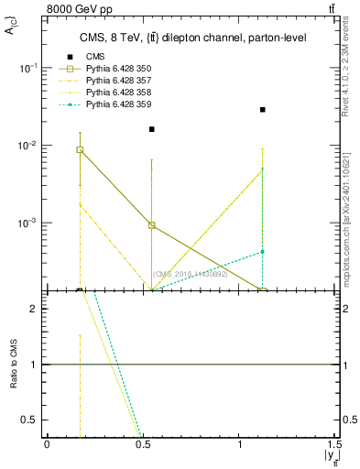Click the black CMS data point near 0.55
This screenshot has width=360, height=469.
[152, 129]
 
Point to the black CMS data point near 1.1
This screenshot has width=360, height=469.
[263, 110]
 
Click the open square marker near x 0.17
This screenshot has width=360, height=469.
[81, 149]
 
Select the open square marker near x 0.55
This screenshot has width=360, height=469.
[152, 224]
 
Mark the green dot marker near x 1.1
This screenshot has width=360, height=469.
[263, 251]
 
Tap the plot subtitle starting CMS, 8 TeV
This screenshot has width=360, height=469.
[190, 38]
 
